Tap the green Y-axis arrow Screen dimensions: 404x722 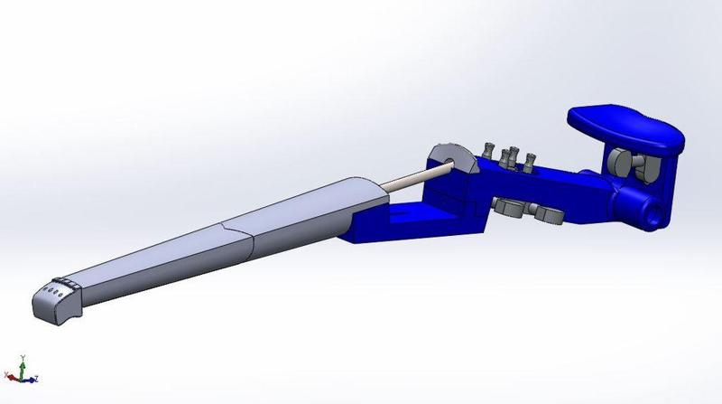coord(20,364)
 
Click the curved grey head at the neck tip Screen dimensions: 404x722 coord(54,304)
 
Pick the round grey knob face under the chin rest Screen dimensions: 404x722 coord(620,163)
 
